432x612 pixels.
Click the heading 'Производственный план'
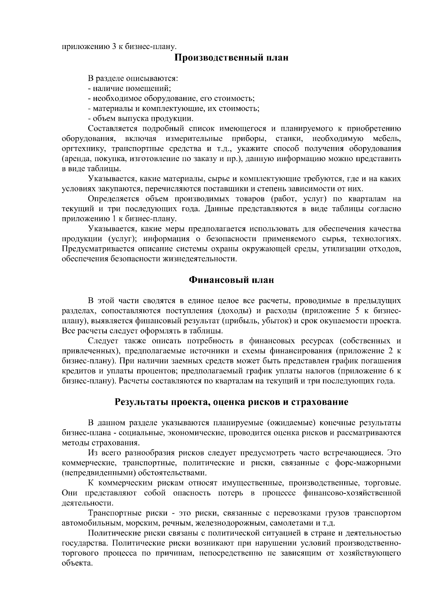coord(231,58)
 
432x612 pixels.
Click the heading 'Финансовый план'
coord(231,280)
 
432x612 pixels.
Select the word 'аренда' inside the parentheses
coord(76,159)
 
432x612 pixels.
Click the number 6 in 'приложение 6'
coord(392,371)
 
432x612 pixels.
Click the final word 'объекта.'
coord(75,563)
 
